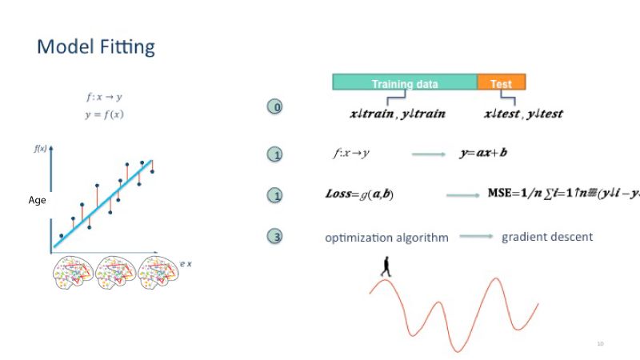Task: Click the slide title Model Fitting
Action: (x=96, y=46)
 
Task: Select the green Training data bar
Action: (x=405, y=82)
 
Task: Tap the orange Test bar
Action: (x=502, y=82)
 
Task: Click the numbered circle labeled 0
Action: (x=274, y=107)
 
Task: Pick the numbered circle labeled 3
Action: (x=274, y=237)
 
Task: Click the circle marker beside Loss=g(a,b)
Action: (x=274, y=195)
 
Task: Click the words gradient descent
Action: (x=547, y=237)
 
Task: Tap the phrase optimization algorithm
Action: (x=386, y=238)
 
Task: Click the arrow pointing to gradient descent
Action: (x=475, y=237)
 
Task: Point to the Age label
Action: (x=37, y=201)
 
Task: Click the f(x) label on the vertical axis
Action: (x=39, y=150)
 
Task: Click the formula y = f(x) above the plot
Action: (x=104, y=114)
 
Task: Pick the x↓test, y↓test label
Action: (x=523, y=114)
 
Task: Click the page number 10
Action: (x=599, y=344)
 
